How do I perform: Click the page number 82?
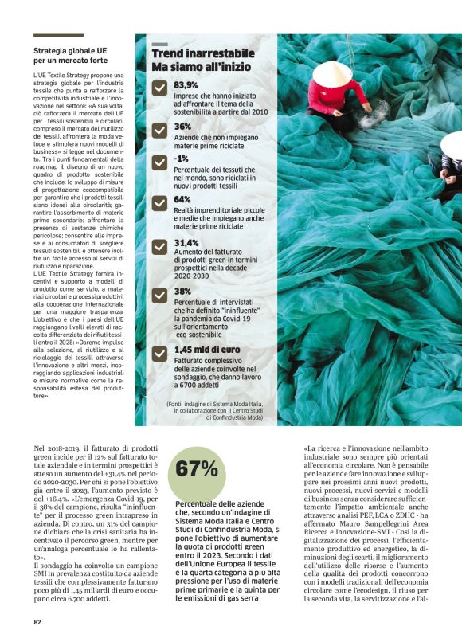[37, 622]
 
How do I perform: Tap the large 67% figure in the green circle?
[197, 469]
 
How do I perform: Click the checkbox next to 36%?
[159, 130]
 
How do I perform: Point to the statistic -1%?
[181, 159]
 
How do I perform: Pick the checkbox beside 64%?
[159, 202]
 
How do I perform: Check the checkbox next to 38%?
[159, 295]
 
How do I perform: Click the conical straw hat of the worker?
[331, 74]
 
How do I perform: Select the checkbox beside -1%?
[159, 162]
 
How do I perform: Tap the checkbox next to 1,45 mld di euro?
[159, 353]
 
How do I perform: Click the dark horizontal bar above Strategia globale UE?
[58, 36]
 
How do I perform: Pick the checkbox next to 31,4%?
[159, 246]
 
